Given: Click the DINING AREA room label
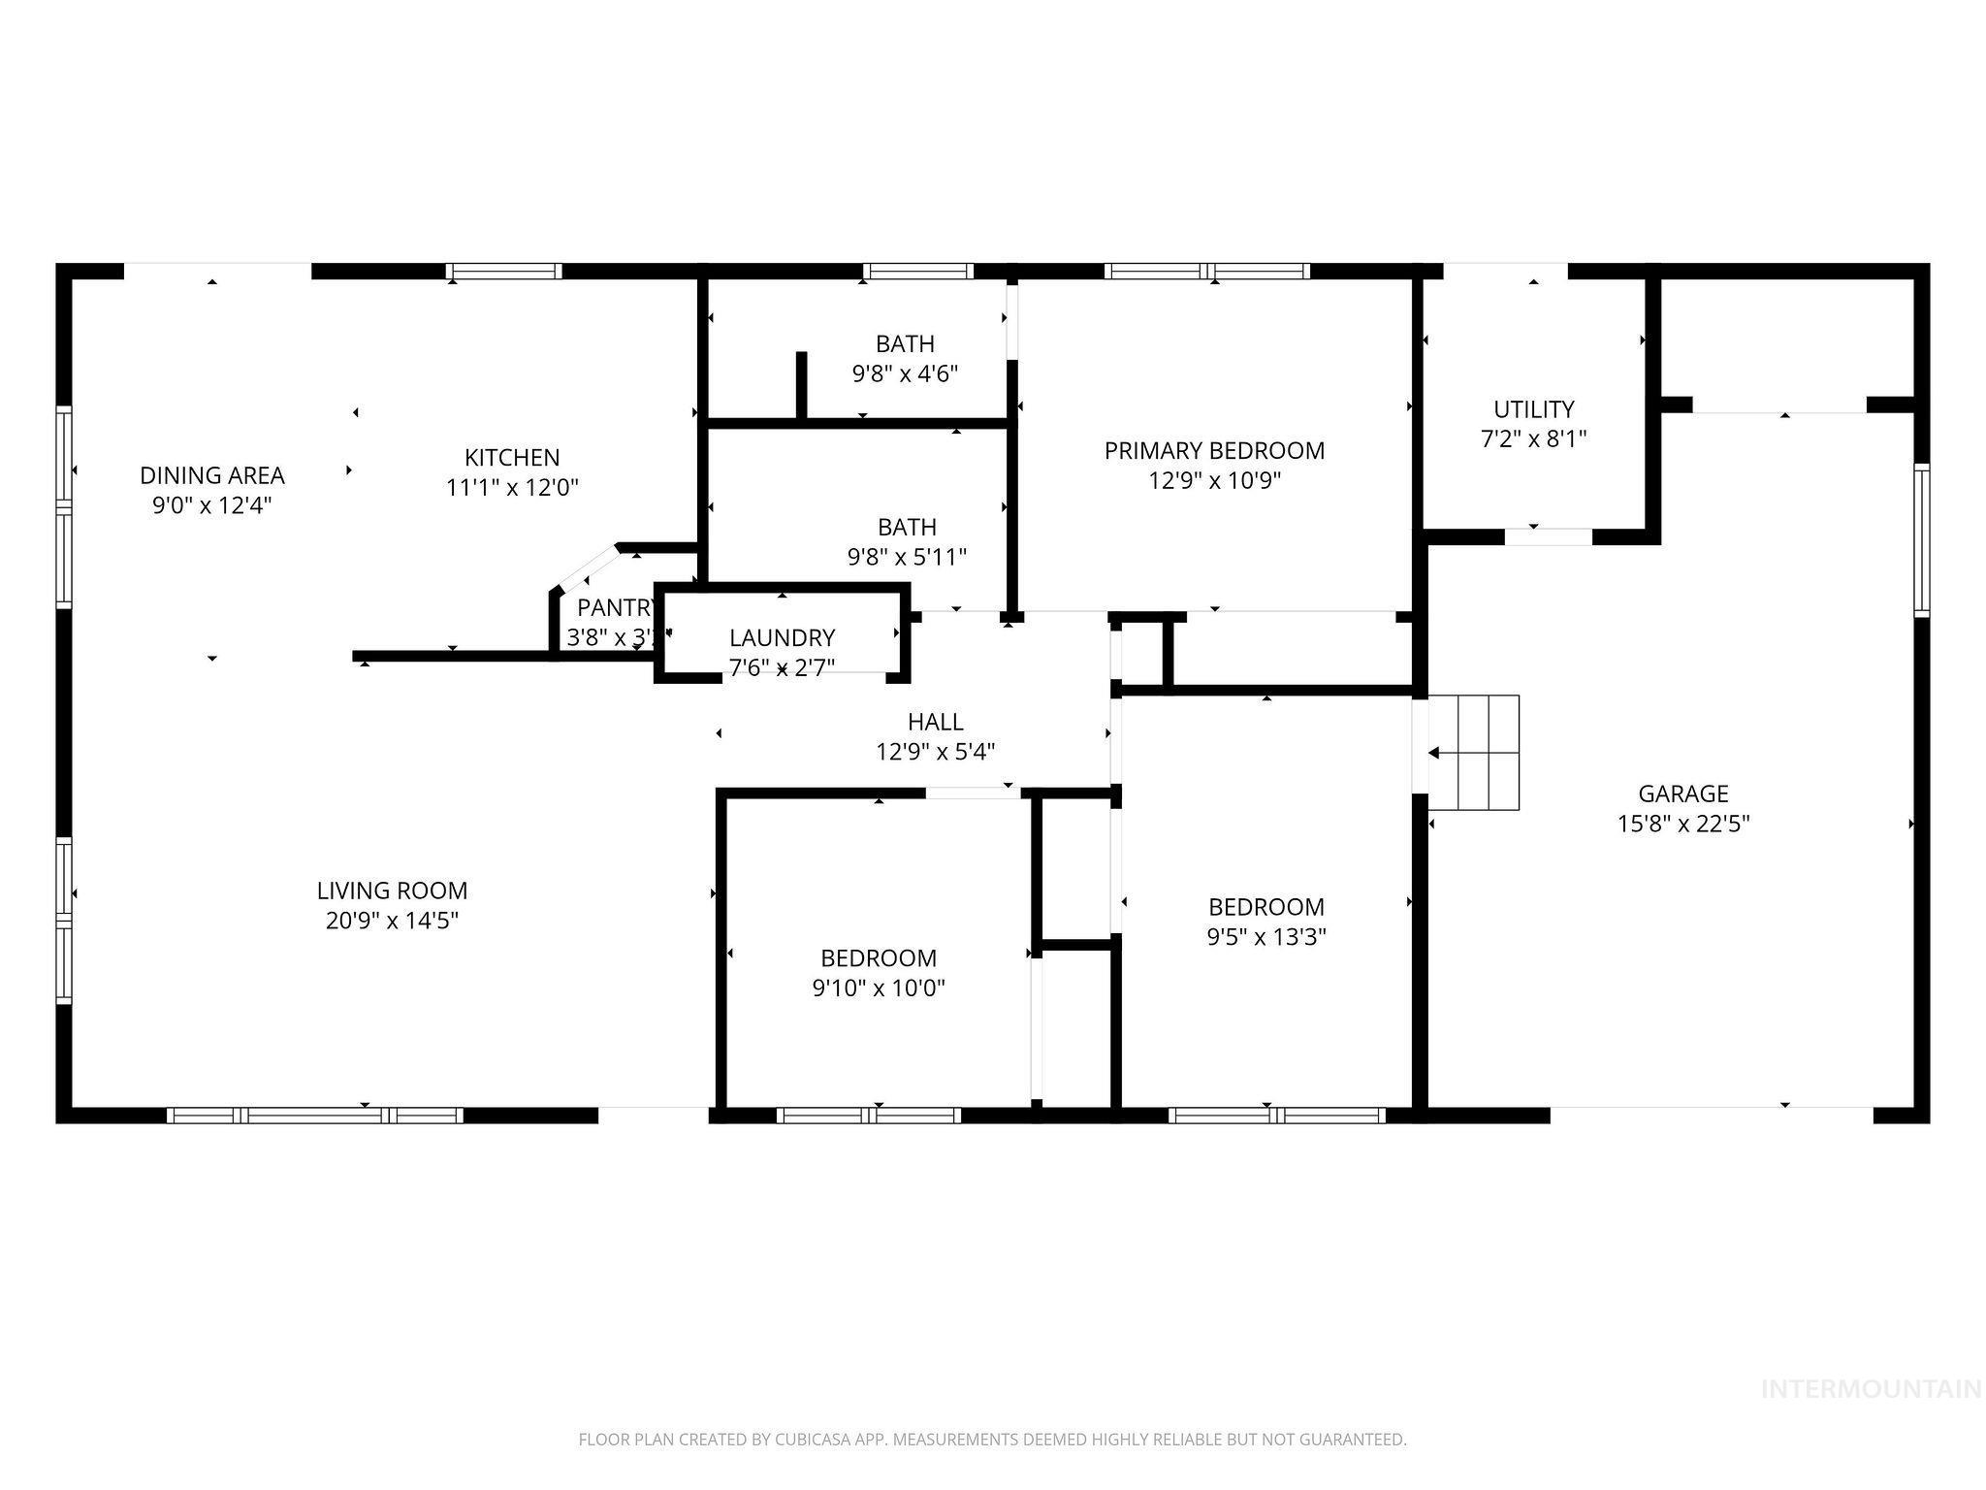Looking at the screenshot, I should (x=211, y=475).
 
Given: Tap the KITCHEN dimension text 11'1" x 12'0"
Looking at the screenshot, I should (x=512, y=487).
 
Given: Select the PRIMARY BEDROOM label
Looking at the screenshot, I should (x=1214, y=450).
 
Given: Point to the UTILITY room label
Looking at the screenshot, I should (x=1533, y=408).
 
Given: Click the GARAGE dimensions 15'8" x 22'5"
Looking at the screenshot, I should (x=1682, y=824).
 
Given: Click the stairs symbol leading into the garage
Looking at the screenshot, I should (x=1474, y=753).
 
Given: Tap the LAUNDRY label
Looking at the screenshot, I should (x=782, y=637).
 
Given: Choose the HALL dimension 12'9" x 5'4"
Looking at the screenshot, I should (x=935, y=752).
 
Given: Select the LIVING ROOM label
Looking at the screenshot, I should (x=392, y=890).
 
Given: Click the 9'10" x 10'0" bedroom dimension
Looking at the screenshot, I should (x=879, y=988).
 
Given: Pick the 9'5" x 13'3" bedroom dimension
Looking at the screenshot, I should (x=1266, y=937).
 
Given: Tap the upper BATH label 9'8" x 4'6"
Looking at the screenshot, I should (x=905, y=343).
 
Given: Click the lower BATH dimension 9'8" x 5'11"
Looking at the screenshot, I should (x=907, y=557).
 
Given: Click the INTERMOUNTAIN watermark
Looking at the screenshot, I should (x=1870, y=1390).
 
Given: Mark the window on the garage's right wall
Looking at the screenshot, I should (x=1920, y=539).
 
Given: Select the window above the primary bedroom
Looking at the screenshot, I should (x=1206, y=272).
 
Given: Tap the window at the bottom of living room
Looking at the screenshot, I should (x=315, y=1116).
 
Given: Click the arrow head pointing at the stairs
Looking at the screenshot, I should (x=1433, y=753).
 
